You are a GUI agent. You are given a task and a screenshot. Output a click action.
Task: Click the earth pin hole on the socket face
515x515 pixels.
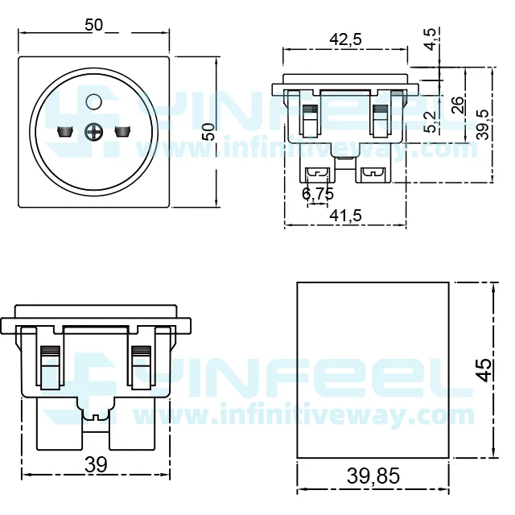pos(93,101)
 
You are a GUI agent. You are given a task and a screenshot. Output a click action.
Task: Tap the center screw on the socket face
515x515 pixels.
pos(93,131)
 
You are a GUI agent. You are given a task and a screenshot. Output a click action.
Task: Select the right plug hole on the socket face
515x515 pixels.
pos(122,130)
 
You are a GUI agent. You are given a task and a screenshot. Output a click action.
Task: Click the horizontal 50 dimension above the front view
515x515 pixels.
pos(94,25)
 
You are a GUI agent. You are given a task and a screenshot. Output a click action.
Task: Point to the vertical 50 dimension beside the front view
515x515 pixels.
pos(208,131)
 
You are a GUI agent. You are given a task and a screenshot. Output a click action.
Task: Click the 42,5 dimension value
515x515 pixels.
pos(345,39)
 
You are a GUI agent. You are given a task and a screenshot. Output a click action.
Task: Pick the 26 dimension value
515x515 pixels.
pos(457,105)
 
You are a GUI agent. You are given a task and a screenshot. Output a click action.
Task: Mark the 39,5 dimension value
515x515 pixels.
pos(482,125)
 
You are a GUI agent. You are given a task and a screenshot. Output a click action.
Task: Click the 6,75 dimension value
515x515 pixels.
pos(317,194)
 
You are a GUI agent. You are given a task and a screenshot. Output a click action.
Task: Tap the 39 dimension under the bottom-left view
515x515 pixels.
pos(96,463)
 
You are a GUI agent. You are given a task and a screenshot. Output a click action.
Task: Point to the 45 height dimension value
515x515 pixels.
pos(484,369)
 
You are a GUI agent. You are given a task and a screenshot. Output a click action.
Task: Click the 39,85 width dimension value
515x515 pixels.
pos(373,476)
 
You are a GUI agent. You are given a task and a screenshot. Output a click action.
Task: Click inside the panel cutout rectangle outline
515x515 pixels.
pos(373,370)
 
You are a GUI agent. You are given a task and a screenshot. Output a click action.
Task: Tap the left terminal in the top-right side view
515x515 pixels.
pos(318,173)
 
